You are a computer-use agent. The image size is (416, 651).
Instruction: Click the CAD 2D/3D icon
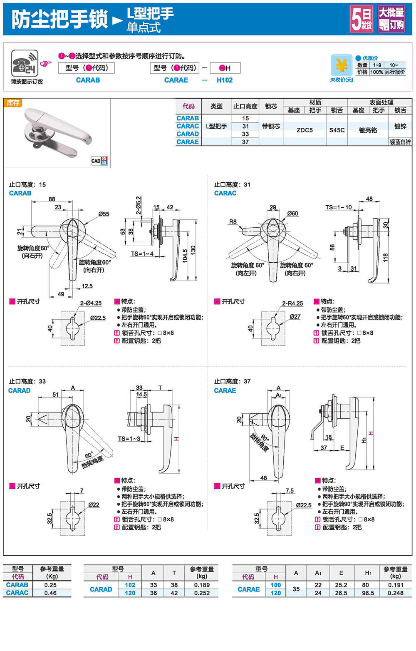click(x=99, y=161)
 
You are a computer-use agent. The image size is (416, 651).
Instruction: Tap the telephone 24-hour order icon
click(x=25, y=63)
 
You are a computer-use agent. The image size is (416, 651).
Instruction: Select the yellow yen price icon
click(x=341, y=65)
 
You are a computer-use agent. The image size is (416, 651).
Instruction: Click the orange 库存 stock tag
click(x=13, y=103)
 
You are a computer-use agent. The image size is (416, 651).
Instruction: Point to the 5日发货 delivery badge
click(x=361, y=19)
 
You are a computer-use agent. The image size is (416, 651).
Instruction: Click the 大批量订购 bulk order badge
click(x=391, y=19)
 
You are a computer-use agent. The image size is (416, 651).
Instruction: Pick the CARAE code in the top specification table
click(x=188, y=142)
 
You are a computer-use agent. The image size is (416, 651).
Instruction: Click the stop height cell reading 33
click(x=245, y=134)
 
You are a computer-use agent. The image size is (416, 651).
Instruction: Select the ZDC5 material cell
click(x=305, y=130)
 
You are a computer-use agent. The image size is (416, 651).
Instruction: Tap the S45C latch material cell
click(x=337, y=130)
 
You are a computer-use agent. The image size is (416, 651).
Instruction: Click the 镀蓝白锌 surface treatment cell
click(x=400, y=142)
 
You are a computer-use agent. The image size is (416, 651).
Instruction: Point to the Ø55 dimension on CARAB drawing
click(x=104, y=214)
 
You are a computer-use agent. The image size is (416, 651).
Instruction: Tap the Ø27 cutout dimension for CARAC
click(x=295, y=316)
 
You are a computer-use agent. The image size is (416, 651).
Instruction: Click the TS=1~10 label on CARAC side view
click(x=338, y=207)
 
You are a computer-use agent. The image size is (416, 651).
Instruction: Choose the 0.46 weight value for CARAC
click(x=50, y=593)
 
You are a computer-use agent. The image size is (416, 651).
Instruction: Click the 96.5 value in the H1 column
click(x=368, y=593)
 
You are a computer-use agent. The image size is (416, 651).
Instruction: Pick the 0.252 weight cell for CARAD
click(x=202, y=593)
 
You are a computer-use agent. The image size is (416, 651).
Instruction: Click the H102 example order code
click(x=225, y=80)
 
